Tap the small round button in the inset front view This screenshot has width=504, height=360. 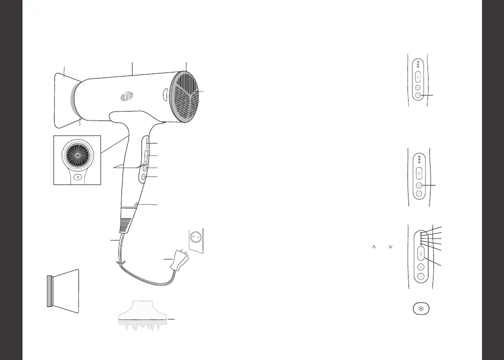click(x=77, y=177)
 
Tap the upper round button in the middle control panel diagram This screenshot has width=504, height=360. click(x=419, y=184)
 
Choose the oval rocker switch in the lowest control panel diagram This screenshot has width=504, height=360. click(x=420, y=255)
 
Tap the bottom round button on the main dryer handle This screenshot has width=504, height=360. click(x=143, y=177)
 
